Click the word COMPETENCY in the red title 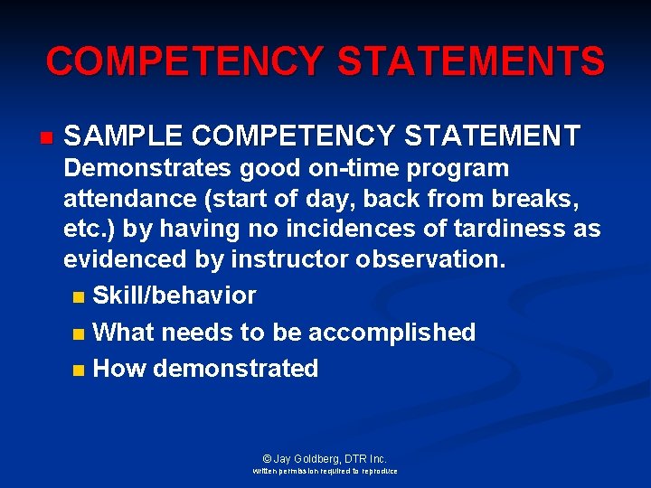click(184, 61)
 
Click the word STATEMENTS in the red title click(470, 61)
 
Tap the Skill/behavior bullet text click(175, 296)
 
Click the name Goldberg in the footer click(316, 458)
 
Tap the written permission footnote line click(325, 471)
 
